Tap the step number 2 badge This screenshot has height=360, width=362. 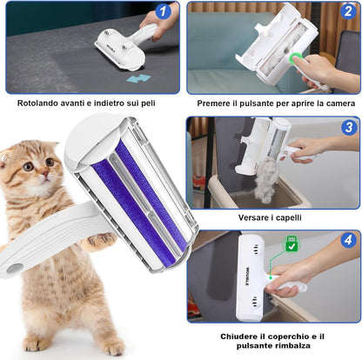348,12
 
